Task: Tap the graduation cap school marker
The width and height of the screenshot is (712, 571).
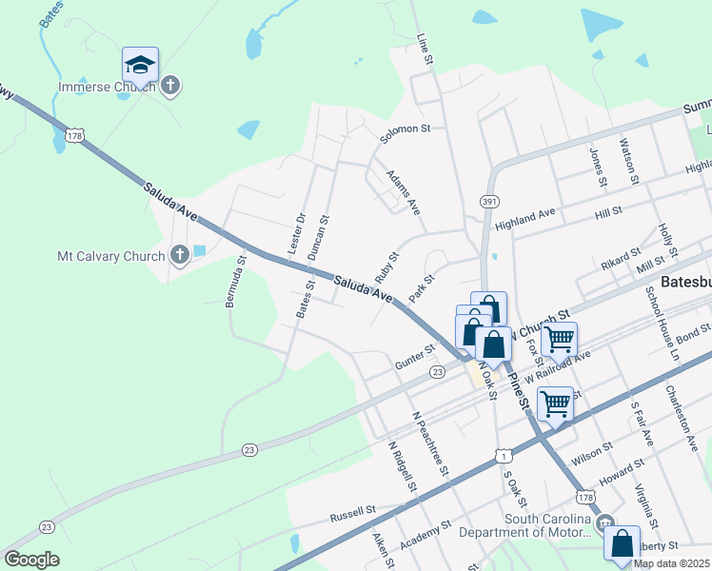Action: [x=140, y=66]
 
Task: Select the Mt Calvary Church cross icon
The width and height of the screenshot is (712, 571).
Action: [x=179, y=254]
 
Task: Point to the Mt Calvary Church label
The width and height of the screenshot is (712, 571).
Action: [x=111, y=256]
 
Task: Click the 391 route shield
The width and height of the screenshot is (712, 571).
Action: [x=489, y=202]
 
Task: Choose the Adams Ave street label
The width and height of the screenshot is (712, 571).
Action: [x=403, y=193]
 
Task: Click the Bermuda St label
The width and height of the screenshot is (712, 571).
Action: [x=235, y=281]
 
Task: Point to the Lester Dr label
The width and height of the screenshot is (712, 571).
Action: [x=295, y=232]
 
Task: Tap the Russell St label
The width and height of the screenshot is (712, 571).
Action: [x=353, y=515]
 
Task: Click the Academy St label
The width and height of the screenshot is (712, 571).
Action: [x=425, y=534]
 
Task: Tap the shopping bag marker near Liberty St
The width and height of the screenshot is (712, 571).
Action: [x=623, y=544]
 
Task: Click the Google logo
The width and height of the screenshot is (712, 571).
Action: [x=31, y=560]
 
